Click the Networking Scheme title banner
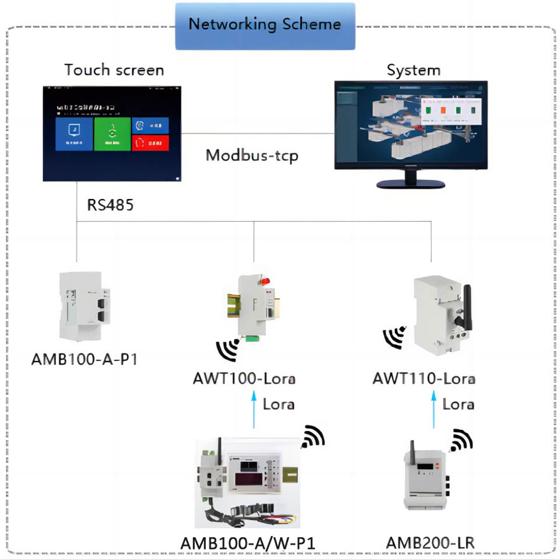[x=265, y=25]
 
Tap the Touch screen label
[x=114, y=70]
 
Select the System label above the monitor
[x=413, y=71]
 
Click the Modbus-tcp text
[x=252, y=156]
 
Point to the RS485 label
[x=110, y=205]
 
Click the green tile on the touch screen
[x=112, y=134]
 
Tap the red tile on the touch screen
[x=150, y=143]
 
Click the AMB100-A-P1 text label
[x=85, y=358]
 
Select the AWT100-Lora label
[x=244, y=378]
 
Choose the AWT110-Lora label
[x=423, y=378]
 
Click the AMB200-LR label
[x=430, y=542]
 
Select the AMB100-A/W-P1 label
[x=248, y=542]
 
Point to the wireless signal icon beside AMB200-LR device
[x=461, y=440]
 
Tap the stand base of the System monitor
[x=411, y=184]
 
